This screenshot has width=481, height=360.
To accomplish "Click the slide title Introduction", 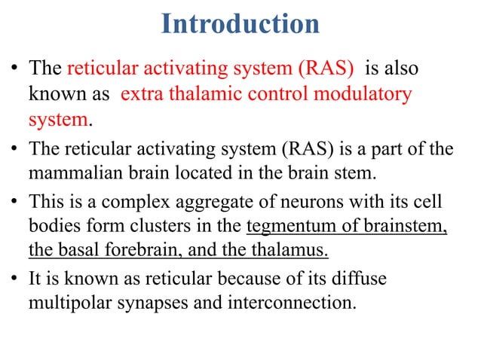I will click(240, 25).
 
